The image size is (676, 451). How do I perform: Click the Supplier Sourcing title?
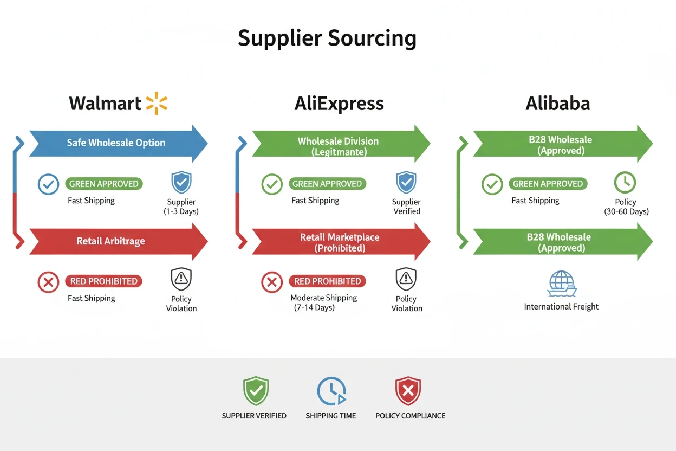click(327, 38)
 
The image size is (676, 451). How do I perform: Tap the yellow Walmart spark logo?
click(157, 103)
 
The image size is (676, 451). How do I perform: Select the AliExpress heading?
click(339, 104)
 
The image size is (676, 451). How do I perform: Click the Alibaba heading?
click(557, 104)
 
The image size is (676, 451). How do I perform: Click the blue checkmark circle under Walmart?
click(48, 184)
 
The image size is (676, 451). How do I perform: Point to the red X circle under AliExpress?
click(272, 282)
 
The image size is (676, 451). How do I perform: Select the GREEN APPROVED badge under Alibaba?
click(548, 184)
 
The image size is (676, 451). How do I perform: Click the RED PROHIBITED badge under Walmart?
click(103, 281)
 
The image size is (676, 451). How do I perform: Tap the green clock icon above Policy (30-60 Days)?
click(625, 183)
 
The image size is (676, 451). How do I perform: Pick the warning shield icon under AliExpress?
click(406, 279)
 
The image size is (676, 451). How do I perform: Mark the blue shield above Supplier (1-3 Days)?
click(181, 183)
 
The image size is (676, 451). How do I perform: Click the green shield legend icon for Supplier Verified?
click(256, 391)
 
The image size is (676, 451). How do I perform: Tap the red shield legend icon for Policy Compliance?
click(408, 391)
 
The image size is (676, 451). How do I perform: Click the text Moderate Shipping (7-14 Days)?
click(323, 302)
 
